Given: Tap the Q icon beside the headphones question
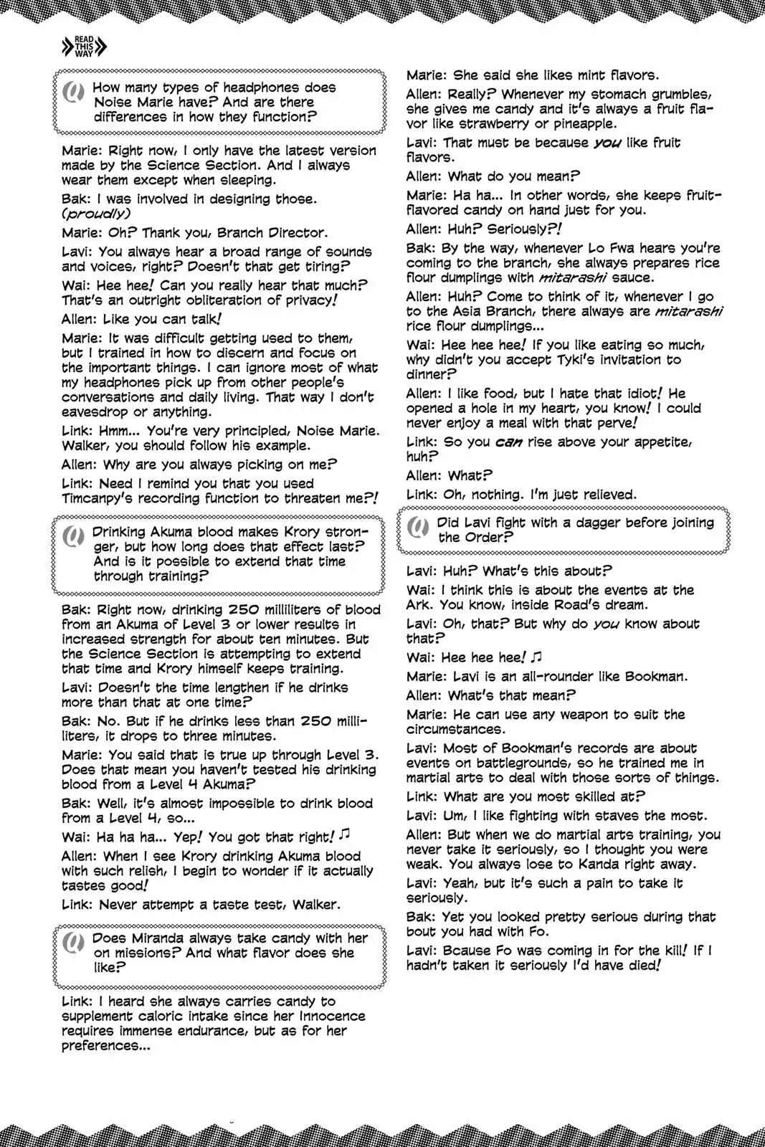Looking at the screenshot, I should (73, 93).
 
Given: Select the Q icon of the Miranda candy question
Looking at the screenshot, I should (73, 944).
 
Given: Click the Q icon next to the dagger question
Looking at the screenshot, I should (417, 529).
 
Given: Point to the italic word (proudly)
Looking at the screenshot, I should (97, 214).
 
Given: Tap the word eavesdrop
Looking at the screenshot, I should (95, 411).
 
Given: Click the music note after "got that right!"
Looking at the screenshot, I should (345, 835).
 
